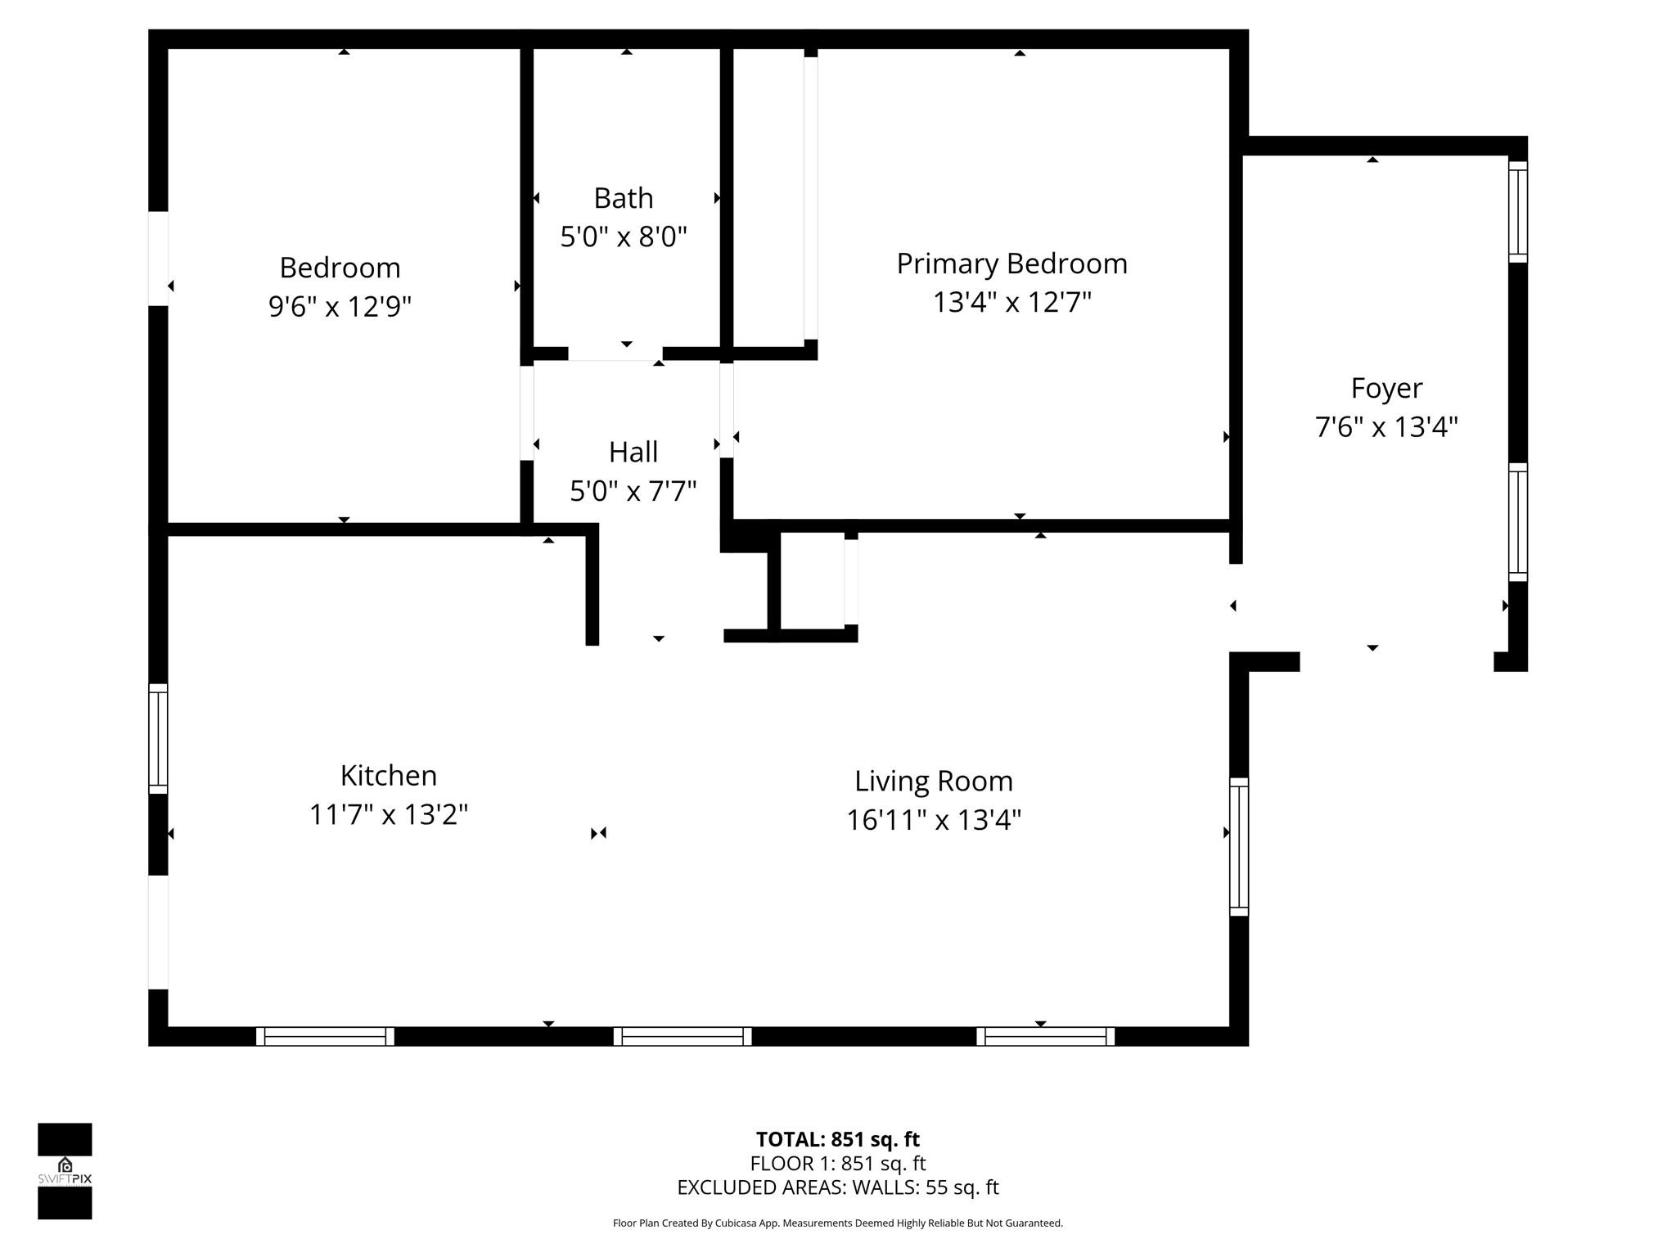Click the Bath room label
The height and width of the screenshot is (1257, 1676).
(623, 199)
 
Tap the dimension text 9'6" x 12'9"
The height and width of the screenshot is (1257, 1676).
(340, 307)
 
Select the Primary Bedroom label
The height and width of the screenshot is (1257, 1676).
(1011, 264)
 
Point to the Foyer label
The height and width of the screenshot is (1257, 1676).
(1386, 388)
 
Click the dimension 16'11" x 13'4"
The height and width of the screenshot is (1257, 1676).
(934, 819)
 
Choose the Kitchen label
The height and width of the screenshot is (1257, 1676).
(388, 775)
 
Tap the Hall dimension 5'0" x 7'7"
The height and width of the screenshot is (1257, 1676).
(633, 491)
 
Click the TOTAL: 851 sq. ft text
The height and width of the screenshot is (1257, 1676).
(837, 1139)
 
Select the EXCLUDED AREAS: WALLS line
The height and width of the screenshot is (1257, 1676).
(837, 1187)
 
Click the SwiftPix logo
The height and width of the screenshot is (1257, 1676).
(65, 1170)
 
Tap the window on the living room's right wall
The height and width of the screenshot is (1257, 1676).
(1239, 846)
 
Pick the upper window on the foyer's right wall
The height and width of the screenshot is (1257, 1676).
(1517, 212)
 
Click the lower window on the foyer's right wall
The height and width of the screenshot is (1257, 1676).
(1517, 522)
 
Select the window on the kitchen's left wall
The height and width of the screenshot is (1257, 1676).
(158, 738)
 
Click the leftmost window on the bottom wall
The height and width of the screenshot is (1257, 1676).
(325, 1036)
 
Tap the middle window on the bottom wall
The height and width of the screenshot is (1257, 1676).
(683, 1036)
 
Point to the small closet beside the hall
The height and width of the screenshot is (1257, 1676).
(812, 581)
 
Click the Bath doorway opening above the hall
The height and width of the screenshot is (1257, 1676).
(615, 354)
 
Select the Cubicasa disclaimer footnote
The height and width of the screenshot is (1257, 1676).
(837, 1223)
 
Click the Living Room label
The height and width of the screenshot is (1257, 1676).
(934, 781)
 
